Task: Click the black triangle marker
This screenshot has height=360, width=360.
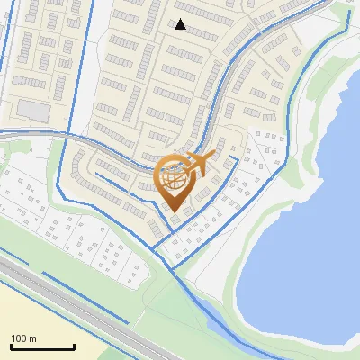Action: tap(180, 24)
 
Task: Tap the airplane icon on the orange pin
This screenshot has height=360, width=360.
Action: tap(196, 164)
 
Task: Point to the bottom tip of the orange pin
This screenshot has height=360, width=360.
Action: tap(174, 211)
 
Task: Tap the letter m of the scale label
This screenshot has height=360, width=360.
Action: tap(32, 338)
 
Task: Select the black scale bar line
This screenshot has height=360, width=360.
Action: tap(42, 347)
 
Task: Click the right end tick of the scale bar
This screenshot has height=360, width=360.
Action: tap(74, 346)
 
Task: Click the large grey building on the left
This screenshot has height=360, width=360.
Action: tap(34, 110)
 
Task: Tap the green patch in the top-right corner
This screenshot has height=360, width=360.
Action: tap(346, 7)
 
